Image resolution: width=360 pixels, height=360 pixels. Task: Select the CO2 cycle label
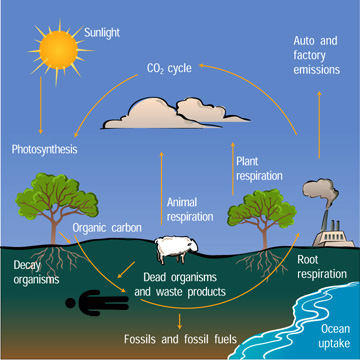pyautogui.click(x=167, y=70)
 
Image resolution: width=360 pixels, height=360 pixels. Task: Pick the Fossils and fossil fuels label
pyautogui.click(x=180, y=339)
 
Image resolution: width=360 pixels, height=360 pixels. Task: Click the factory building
pyautogui.click(x=333, y=231)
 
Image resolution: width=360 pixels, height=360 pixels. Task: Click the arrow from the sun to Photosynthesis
pyautogui.click(x=39, y=105)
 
